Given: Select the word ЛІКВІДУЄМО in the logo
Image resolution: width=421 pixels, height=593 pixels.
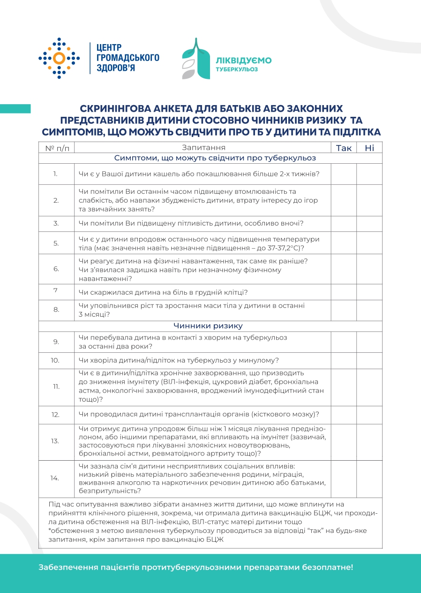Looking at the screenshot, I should point(243,60).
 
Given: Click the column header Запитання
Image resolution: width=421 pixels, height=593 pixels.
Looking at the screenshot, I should point(203,148).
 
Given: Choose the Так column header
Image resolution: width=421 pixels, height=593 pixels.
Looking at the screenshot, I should point(344,148).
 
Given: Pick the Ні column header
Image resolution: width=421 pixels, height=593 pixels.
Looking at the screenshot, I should point(369,148).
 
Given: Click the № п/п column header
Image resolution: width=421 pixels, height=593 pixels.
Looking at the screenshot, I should point(56,148).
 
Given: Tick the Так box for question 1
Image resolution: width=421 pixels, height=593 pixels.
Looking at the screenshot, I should point(344,174).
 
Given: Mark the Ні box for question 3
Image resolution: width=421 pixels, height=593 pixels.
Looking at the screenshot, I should point(369,223).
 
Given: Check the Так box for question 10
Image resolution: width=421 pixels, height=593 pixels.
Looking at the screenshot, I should point(344,360).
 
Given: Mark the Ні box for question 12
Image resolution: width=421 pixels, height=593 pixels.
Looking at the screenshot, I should point(369,415).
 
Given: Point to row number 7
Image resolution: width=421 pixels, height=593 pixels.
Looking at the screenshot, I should point(56,290).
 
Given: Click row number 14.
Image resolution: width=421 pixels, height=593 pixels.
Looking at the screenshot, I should point(56,478).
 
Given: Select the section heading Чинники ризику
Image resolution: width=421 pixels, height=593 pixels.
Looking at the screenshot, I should point(208,326).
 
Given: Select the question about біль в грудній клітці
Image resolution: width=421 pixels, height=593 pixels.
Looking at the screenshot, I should point(163,292).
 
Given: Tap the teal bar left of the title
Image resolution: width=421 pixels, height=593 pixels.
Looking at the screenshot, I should point(15,109).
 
